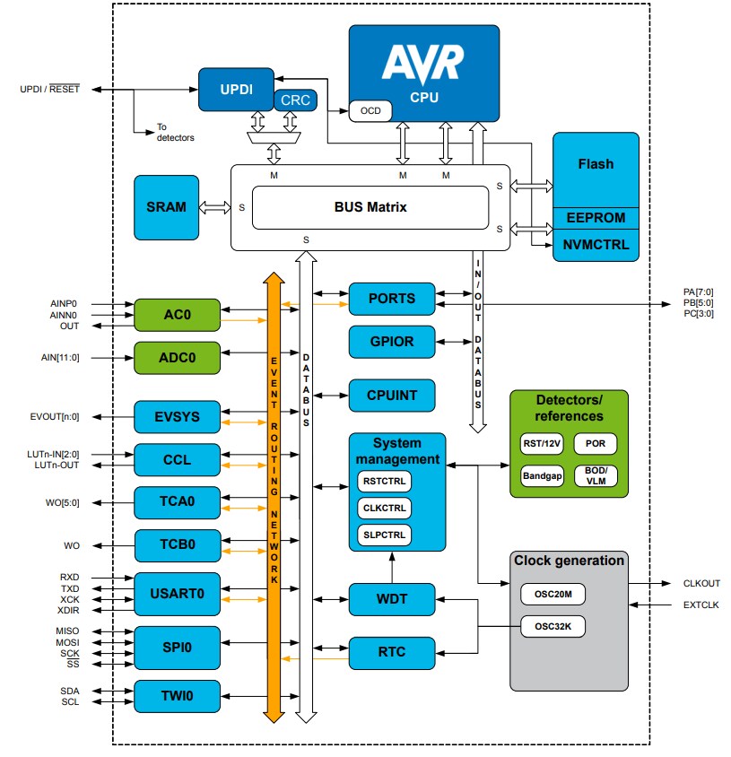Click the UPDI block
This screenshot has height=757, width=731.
[236, 90]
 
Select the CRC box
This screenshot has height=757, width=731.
[295, 100]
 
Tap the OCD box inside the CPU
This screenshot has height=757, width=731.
[370, 111]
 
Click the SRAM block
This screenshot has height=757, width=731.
[166, 207]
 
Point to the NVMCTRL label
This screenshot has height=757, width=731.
[596, 244]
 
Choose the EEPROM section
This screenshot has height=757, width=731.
[596, 217]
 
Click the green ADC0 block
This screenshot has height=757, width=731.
[177, 357]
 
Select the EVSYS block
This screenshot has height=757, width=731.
[177, 417]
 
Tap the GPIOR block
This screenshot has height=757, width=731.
[392, 342]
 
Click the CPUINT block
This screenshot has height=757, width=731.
[392, 395]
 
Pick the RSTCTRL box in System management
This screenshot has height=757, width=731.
[384, 482]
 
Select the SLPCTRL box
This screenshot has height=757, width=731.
[384, 535]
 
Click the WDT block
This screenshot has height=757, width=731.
[392, 597]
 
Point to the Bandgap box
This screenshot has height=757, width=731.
[542, 476]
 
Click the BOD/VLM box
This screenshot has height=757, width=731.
[596, 476]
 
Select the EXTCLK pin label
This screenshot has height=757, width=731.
[701, 607]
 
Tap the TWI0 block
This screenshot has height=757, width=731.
[177, 695]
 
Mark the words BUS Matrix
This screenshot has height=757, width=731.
[370, 207]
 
